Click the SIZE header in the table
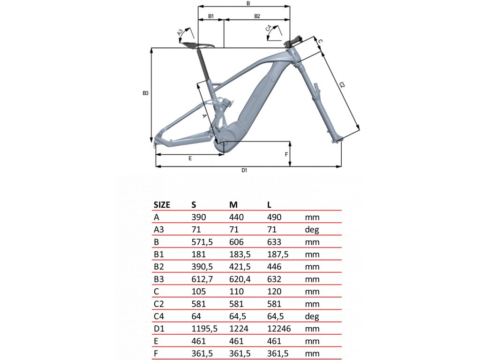(x=162, y=204)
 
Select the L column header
(x=270, y=204)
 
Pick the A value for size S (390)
(x=199, y=217)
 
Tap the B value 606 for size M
(x=236, y=242)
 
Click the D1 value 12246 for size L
(x=279, y=329)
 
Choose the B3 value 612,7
(x=202, y=279)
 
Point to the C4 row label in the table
(x=159, y=316)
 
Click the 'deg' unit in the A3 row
(x=312, y=230)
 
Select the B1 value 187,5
(x=277, y=255)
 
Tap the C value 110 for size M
(x=236, y=292)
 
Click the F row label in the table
(x=156, y=353)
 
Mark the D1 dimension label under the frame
(x=244, y=170)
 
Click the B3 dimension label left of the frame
(x=145, y=93)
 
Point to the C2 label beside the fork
(x=342, y=85)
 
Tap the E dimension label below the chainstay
(x=190, y=158)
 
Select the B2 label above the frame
(x=257, y=16)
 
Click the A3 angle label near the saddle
(x=180, y=32)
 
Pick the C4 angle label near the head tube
(x=269, y=29)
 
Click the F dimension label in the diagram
(x=286, y=154)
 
